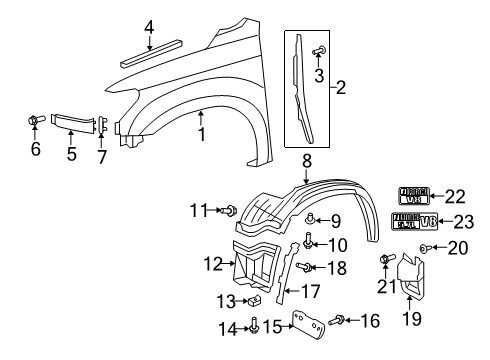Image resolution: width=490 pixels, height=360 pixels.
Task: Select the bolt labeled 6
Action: tap(34, 122)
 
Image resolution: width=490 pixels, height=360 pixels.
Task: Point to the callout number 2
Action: tap(343, 89)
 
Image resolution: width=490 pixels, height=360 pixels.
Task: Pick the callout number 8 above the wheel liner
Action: tap(307, 158)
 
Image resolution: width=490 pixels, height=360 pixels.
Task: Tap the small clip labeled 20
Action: tap(424, 246)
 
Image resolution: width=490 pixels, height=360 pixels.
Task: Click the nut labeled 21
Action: tap(385, 262)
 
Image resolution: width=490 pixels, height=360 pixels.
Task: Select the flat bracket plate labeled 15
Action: tap(300, 324)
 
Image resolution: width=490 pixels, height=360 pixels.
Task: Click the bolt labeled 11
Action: tap(229, 210)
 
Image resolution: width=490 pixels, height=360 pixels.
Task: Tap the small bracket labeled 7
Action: tap(103, 124)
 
